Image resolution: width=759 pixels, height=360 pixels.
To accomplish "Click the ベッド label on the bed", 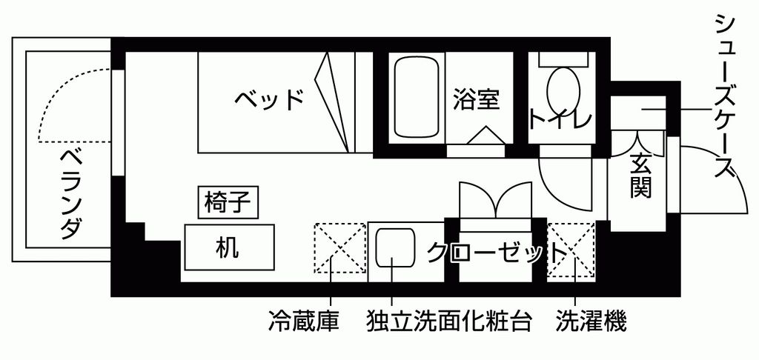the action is [x=269, y=99].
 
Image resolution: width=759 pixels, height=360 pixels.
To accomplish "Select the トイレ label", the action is [x=560, y=119].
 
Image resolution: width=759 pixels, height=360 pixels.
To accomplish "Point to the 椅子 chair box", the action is [x=228, y=202].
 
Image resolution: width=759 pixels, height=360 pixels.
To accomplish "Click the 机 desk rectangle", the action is [x=229, y=247].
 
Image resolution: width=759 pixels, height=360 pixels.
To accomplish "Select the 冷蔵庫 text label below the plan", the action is [x=303, y=320].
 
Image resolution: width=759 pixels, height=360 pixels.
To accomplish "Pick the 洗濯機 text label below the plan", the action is [x=591, y=320].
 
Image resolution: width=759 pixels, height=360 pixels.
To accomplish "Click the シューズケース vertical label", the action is [x=725, y=97].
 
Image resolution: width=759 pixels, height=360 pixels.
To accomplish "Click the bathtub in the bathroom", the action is [x=417, y=98].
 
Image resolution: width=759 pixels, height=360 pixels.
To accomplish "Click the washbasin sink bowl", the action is [x=395, y=247].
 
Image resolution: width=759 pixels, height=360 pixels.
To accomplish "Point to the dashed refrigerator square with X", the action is [x=339, y=247].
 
